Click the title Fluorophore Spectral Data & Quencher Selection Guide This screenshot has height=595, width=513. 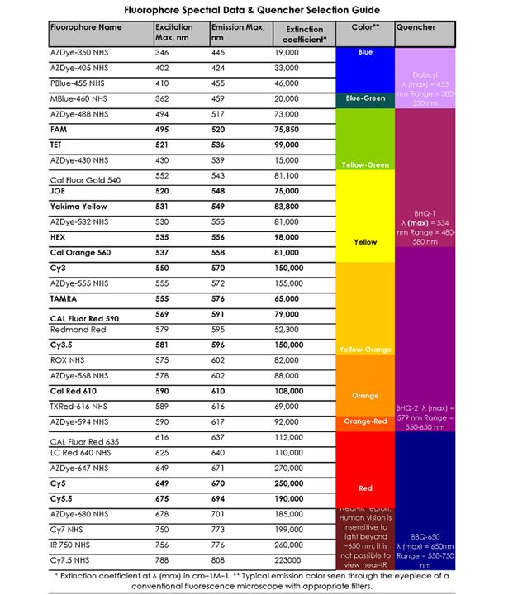coord(252,10)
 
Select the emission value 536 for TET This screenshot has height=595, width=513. coord(219,145)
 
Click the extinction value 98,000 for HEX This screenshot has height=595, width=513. coord(288,236)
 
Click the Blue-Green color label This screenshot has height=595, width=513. coord(365,99)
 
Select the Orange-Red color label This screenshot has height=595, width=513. coord(365,421)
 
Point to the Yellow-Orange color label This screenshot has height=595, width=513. coord(365,350)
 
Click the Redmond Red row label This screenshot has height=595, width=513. coord(78,330)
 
